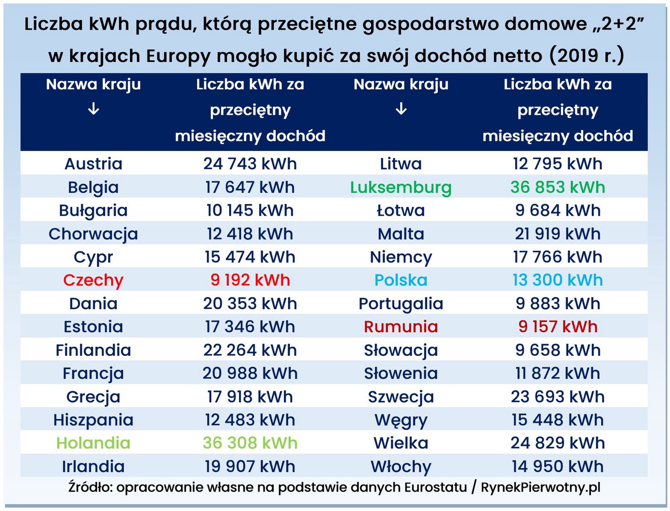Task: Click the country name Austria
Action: point(93,164)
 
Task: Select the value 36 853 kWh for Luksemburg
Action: point(558,187)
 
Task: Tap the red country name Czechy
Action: point(93,280)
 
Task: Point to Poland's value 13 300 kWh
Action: point(558,280)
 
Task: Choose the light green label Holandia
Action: point(93,443)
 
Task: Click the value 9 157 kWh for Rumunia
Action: point(558,327)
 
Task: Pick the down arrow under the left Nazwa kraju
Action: point(93,109)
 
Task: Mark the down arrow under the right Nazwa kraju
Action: point(401,109)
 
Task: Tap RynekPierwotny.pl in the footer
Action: point(540,487)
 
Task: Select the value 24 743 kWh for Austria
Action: point(250,164)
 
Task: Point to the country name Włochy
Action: point(401,467)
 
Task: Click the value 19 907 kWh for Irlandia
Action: point(250,467)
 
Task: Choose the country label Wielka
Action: point(401,443)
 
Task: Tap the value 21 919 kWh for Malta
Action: point(558,234)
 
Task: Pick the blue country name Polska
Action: point(401,280)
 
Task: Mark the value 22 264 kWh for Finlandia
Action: point(250,350)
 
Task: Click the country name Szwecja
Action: point(401,397)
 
